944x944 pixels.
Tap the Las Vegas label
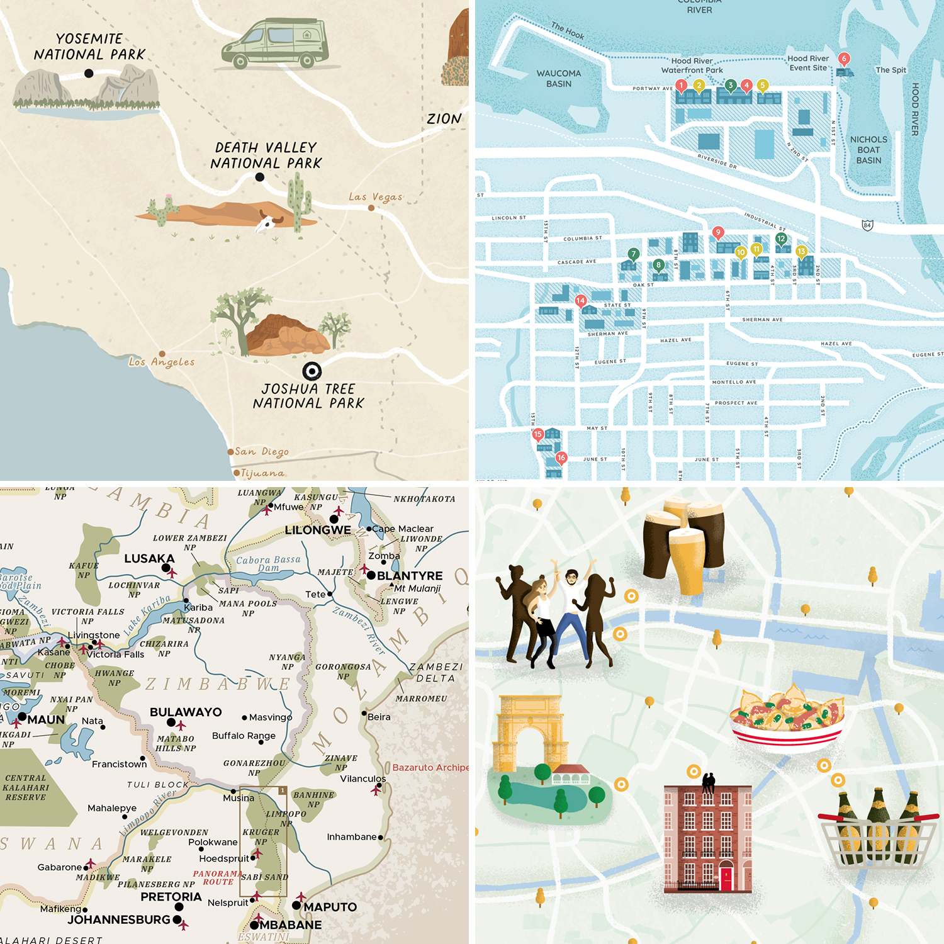(376, 197)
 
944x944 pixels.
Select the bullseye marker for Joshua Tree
(312, 371)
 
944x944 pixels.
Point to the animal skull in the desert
(268, 222)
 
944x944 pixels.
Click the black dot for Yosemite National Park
(89, 73)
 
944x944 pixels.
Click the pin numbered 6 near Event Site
(845, 59)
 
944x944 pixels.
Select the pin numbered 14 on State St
(580, 301)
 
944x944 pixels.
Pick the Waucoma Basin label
(559, 79)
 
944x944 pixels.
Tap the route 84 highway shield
(867, 225)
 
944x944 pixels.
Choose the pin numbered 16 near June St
(561, 458)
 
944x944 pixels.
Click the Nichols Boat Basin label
(868, 150)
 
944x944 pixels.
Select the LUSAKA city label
(149, 558)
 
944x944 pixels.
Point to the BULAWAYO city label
(186, 712)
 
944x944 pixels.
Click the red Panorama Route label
(217, 877)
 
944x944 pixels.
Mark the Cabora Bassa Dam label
(269, 563)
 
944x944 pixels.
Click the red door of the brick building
(726, 879)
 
